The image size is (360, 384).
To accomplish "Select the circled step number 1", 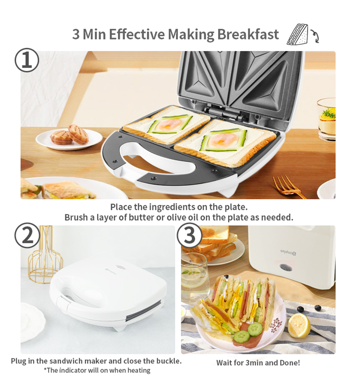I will pos(27,61).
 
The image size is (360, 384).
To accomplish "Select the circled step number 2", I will pos(27,235).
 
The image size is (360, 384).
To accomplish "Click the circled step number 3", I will pos(189,235).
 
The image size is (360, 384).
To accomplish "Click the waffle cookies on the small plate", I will pos(70,135).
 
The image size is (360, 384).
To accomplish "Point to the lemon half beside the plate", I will pos(299,325).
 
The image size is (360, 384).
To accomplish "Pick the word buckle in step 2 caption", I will pos(169,361).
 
